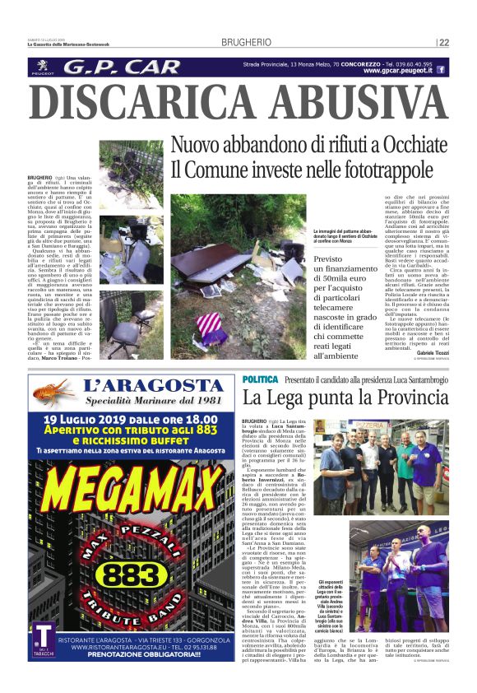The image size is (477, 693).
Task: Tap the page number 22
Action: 444,43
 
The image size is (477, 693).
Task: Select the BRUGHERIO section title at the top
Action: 244,43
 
